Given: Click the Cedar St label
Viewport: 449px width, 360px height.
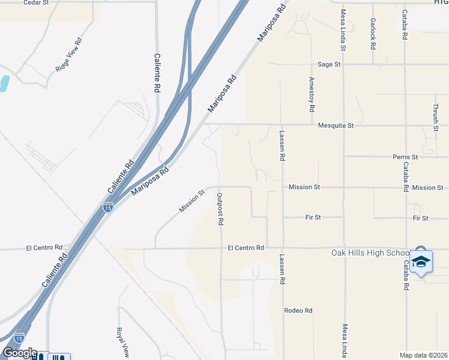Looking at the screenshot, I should pyautogui.click(x=35, y=2).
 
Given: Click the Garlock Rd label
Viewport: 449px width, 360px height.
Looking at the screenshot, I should pyautogui.click(x=373, y=34).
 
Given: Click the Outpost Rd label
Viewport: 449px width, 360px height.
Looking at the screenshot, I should pyautogui.click(x=220, y=209).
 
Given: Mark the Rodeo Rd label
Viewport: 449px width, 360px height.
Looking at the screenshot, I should pyautogui.click(x=298, y=310).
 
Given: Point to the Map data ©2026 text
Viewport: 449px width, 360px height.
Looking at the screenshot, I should pyautogui.click(x=423, y=355).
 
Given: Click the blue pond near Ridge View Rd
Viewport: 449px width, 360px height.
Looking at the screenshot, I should pyautogui.click(x=4, y=83).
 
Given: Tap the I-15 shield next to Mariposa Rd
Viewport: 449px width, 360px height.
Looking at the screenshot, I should pyautogui.click(x=107, y=208).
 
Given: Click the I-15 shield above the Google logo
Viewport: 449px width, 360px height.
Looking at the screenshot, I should pyautogui.click(x=19, y=338).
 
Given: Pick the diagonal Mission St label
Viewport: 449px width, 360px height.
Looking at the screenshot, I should pyautogui.click(x=192, y=200).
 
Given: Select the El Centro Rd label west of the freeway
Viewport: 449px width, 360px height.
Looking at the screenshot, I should pyautogui.click(x=44, y=247).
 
